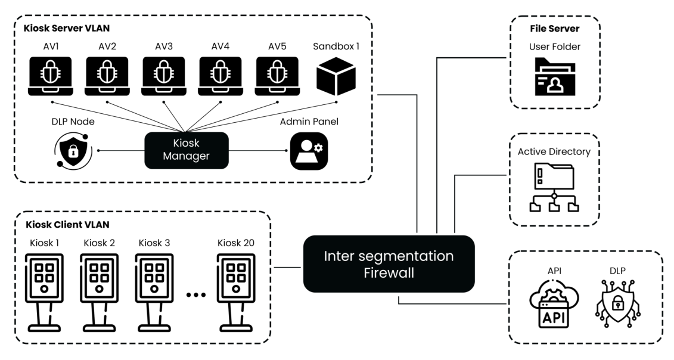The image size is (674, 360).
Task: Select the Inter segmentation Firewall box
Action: (389, 263)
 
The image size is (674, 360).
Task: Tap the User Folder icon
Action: (554, 76)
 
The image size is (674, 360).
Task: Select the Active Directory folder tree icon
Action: (554, 188)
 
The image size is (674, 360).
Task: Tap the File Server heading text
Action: (554, 27)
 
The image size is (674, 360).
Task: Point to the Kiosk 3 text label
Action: (154, 243)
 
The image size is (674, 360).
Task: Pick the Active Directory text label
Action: (554, 151)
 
